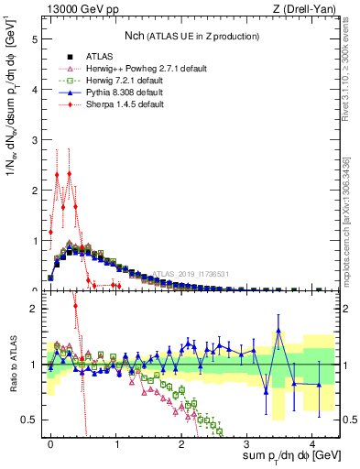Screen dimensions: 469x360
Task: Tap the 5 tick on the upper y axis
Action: [34, 40]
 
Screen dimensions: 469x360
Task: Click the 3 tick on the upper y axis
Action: [34, 140]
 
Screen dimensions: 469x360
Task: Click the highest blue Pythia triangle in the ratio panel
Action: [278, 331]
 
